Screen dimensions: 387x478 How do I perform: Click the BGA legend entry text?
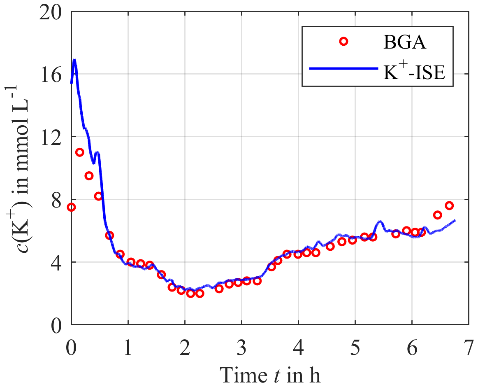pyautogui.click(x=404, y=42)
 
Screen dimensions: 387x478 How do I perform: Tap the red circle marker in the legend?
pyautogui.click(x=344, y=41)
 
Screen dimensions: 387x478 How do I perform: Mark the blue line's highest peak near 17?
pyautogui.click(x=74, y=60)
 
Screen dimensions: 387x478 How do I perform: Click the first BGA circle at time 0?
pyautogui.click(x=71, y=207)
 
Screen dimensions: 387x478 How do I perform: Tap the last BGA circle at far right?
pyautogui.click(x=449, y=205)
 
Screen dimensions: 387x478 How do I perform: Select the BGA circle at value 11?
pyautogui.click(x=80, y=152)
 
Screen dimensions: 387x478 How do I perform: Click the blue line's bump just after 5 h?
pyautogui.click(x=380, y=222)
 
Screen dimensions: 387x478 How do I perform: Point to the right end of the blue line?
pyautogui.click(x=455, y=220)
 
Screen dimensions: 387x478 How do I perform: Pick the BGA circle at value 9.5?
pyautogui.click(x=89, y=176)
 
